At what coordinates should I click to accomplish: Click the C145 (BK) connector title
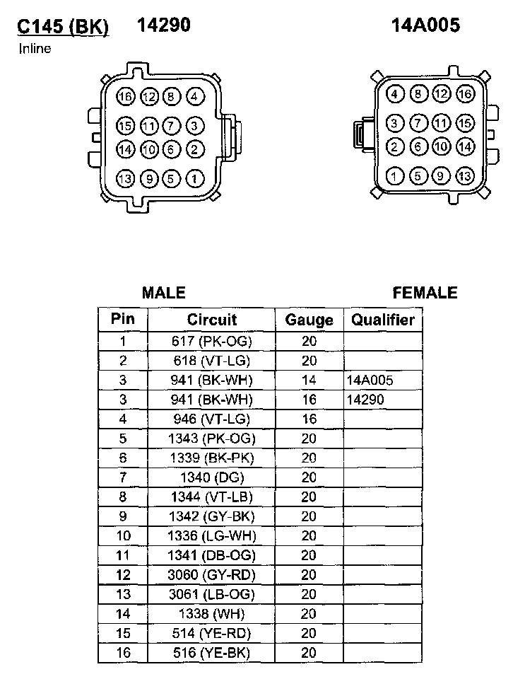pyautogui.click(x=63, y=26)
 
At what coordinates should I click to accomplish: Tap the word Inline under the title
pyautogui.click(x=35, y=49)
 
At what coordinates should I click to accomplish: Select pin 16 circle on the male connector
pyautogui.click(x=126, y=97)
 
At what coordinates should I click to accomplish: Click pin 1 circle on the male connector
pyautogui.click(x=194, y=179)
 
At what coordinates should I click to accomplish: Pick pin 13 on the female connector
pyautogui.click(x=464, y=176)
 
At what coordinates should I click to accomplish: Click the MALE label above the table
pyautogui.click(x=163, y=293)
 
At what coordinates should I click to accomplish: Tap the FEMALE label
pyautogui.click(x=425, y=293)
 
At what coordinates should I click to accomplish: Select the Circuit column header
pyautogui.click(x=212, y=320)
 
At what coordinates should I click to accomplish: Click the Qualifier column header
pyautogui.click(x=383, y=320)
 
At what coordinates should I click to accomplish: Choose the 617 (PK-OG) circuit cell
pyautogui.click(x=212, y=341)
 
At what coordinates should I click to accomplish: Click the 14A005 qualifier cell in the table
pyautogui.click(x=370, y=381)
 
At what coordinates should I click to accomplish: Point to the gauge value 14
pyautogui.click(x=309, y=381)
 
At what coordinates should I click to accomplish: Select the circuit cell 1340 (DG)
pyautogui.click(x=212, y=477)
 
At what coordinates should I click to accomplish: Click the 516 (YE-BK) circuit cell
pyautogui.click(x=212, y=652)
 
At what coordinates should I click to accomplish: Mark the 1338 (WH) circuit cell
pyautogui.click(x=212, y=613)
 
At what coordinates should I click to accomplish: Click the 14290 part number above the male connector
pyautogui.click(x=163, y=25)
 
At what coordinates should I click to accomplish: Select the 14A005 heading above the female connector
pyautogui.click(x=425, y=25)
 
